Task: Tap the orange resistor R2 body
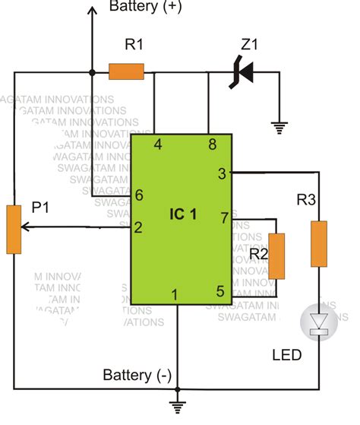pyautogui.click(x=278, y=256)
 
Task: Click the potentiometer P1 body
pyautogui.click(x=14, y=228)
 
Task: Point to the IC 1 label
pyautogui.click(x=182, y=214)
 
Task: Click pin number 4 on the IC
pyautogui.click(x=158, y=144)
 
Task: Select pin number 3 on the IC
pyautogui.click(x=222, y=173)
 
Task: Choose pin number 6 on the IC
pyautogui.click(x=139, y=195)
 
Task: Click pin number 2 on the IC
pyautogui.click(x=139, y=227)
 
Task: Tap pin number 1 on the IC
pyautogui.click(x=176, y=294)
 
